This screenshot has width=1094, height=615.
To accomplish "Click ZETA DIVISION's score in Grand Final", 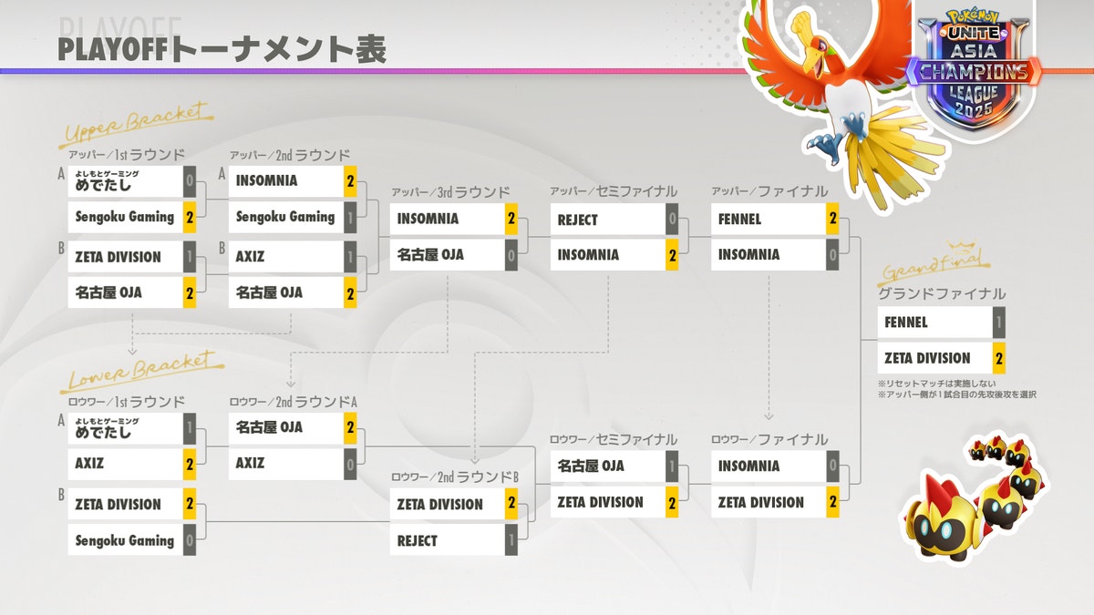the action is pyautogui.click(x=999, y=358).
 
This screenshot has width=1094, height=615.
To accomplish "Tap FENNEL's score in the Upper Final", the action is pyautogui.click(x=832, y=219).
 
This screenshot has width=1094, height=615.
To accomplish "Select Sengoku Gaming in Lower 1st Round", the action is pyautogui.click(x=124, y=540).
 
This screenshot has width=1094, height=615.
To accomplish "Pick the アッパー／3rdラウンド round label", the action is pyautogui.click(x=450, y=192).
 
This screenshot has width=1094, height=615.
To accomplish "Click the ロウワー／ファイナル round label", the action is pyautogui.click(x=769, y=440).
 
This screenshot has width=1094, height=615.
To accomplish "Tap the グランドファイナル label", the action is pyautogui.click(x=942, y=293).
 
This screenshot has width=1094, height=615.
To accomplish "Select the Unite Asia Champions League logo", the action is pyautogui.click(x=974, y=73).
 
